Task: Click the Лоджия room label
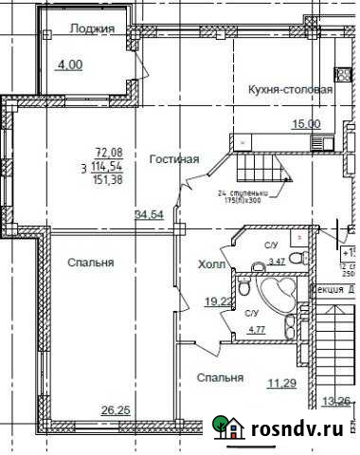(92, 29)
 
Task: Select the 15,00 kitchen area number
(306, 123)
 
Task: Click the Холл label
(210, 264)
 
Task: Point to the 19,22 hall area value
(221, 301)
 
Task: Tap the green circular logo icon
(227, 428)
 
